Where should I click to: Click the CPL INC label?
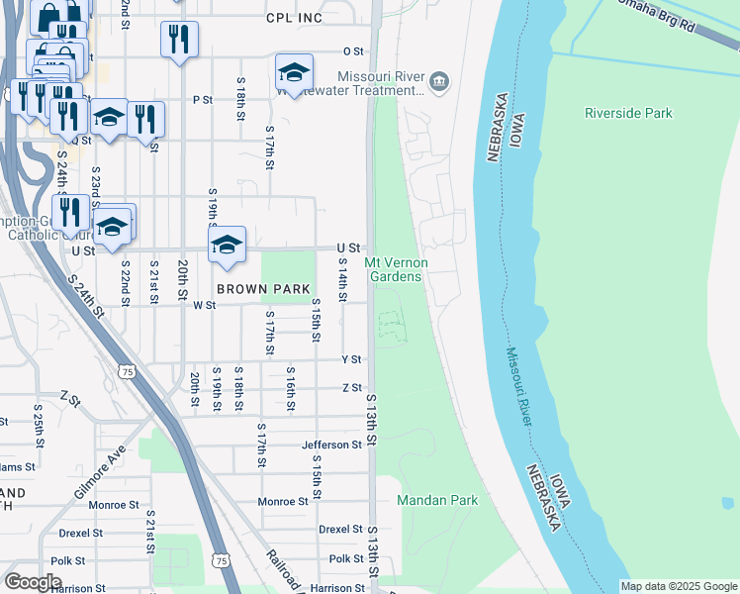(x=295, y=18)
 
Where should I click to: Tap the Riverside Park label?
(x=628, y=113)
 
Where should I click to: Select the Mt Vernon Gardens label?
(x=396, y=269)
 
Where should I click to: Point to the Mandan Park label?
(x=437, y=500)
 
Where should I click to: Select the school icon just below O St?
(x=294, y=71)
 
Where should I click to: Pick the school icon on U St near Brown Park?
(x=227, y=244)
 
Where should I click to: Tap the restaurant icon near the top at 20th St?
(x=179, y=39)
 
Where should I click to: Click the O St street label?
(x=353, y=50)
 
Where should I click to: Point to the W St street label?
(x=205, y=306)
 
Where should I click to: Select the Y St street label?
(x=351, y=359)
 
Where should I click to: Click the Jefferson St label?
(x=332, y=445)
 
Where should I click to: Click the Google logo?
(x=33, y=581)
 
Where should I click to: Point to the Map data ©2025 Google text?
(x=678, y=586)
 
